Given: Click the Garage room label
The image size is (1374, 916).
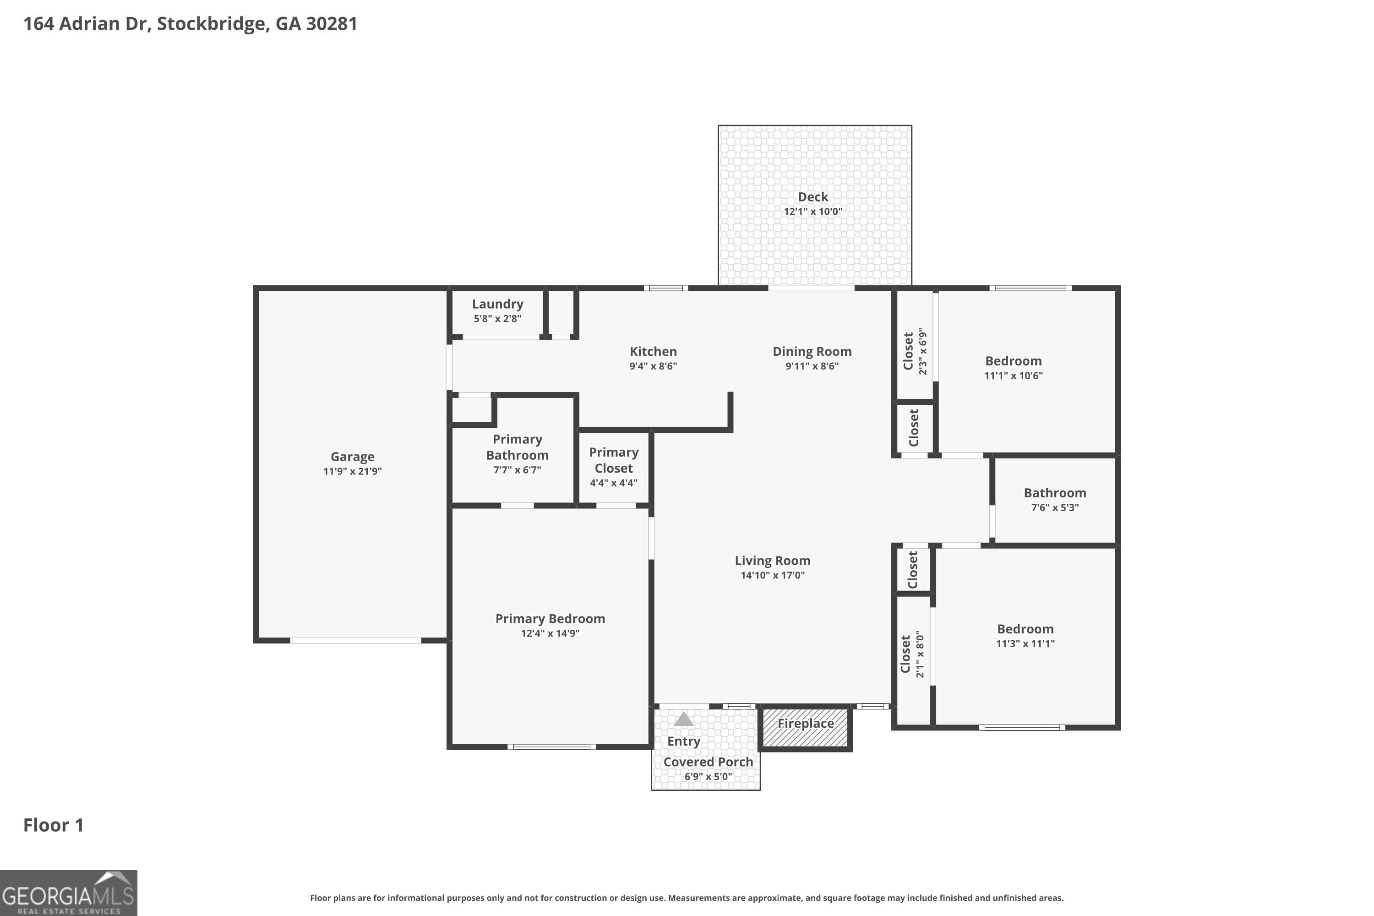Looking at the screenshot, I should click(x=352, y=457).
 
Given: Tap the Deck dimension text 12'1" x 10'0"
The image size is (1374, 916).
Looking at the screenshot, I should click(x=812, y=212).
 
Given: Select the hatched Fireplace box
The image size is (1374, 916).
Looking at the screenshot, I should click(x=805, y=728).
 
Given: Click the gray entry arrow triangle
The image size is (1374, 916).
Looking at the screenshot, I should click(x=683, y=720).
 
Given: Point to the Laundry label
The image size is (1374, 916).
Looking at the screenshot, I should click(x=497, y=304).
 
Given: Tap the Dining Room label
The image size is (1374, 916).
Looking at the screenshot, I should click(x=812, y=351).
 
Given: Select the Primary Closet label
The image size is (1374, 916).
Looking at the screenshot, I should click(x=613, y=460).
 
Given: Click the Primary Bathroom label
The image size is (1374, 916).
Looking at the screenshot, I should click(x=517, y=447).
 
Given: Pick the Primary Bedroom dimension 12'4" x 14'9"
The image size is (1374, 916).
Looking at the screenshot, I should click(x=550, y=633).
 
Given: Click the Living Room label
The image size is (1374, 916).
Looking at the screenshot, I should click(x=772, y=561).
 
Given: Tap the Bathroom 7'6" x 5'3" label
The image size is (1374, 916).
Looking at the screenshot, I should click(x=1054, y=500).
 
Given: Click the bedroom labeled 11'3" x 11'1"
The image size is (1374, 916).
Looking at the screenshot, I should click(x=1025, y=636).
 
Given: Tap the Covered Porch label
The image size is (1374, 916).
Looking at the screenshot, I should click(x=708, y=762).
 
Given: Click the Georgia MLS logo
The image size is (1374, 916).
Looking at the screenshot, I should click(x=68, y=893).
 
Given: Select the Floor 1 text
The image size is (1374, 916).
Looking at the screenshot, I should click(x=53, y=825).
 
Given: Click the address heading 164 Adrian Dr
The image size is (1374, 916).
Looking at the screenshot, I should click(x=190, y=23).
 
